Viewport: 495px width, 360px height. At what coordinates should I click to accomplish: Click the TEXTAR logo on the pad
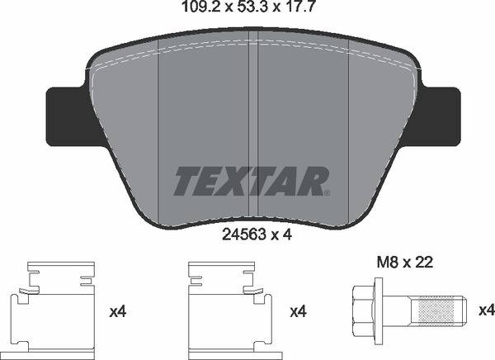point(251,181)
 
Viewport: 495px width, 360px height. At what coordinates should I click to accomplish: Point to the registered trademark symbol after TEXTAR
point(328,193)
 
